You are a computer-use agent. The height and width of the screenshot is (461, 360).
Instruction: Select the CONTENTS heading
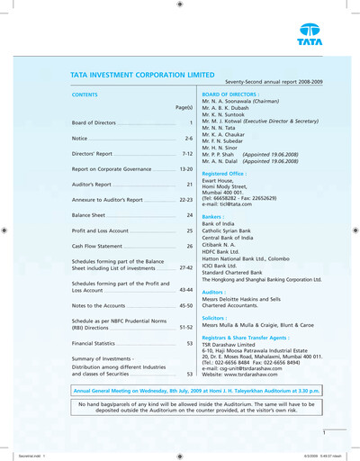tap(85, 94)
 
